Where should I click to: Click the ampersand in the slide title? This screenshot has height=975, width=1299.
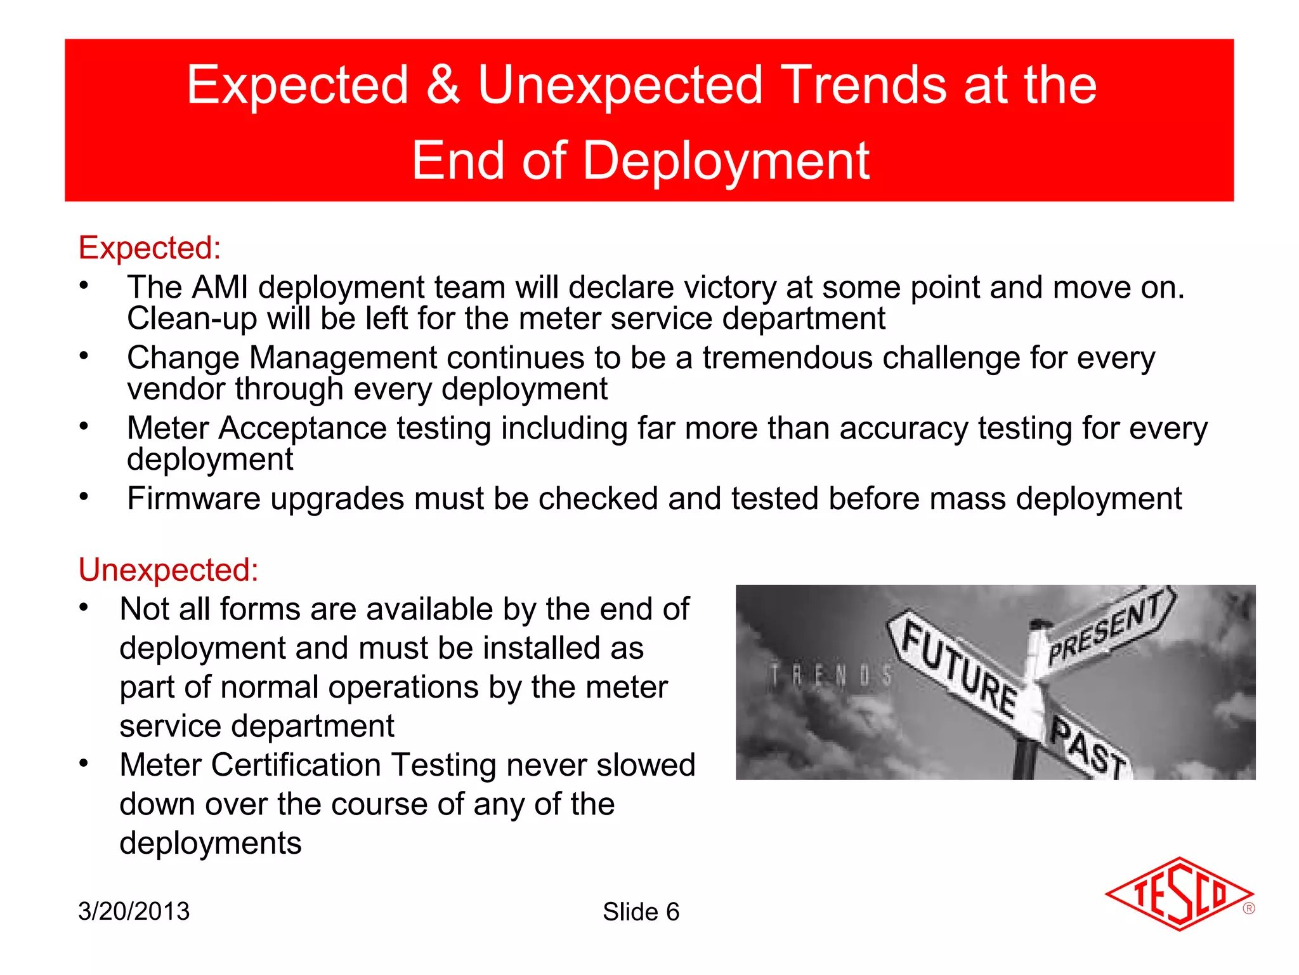coord(443,86)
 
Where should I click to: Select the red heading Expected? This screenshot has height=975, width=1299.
coord(150,248)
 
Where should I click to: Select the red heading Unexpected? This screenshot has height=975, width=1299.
coord(169,569)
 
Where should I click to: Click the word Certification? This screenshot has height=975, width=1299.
coord(296,765)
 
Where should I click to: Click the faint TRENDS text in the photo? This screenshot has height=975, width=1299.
coord(830,676)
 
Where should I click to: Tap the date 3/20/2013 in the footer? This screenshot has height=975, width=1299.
coord(134,912)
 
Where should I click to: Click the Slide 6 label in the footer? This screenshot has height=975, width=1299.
coord(641,912)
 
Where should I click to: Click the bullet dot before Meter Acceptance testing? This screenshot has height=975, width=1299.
coord(84,426)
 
